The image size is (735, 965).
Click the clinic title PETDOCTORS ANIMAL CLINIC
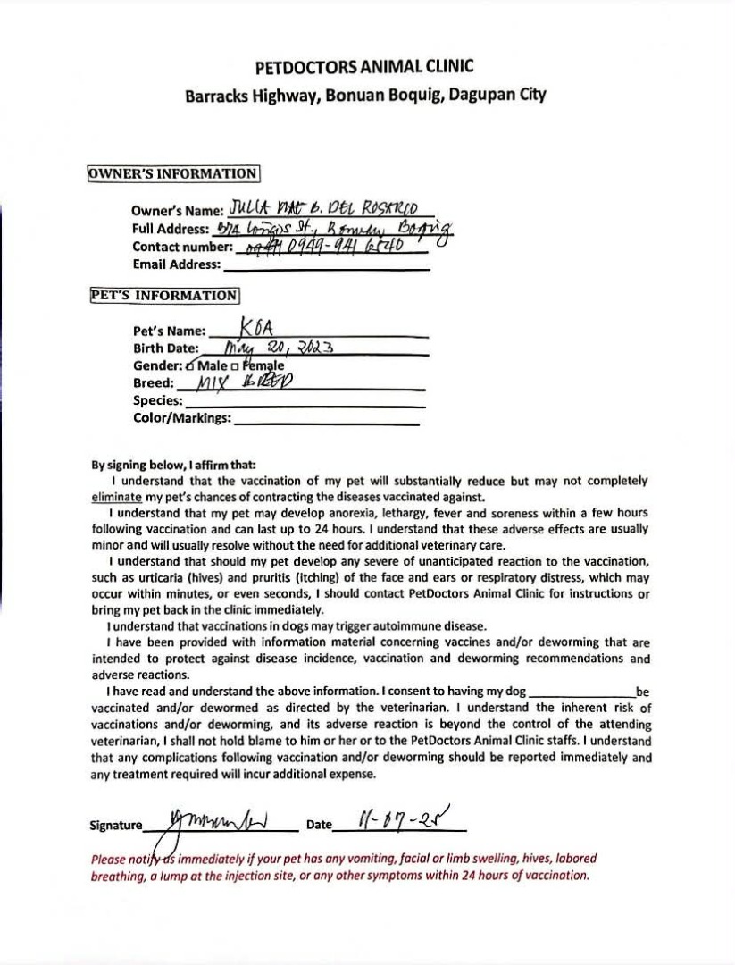(364, 67)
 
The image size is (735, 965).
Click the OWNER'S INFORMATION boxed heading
(173, 173)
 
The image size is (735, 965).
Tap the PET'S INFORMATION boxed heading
(163, 295)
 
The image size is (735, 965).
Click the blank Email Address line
(326, 265)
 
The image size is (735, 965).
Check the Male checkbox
(190, 366)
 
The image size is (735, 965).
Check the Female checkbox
(234, 366)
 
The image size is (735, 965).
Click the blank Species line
(304, 403)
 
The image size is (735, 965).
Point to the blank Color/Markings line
(326, 420)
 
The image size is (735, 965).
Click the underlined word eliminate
(117, 497)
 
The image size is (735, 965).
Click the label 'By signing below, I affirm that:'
(173, 465)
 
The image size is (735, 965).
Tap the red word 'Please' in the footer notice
(107, 860)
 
